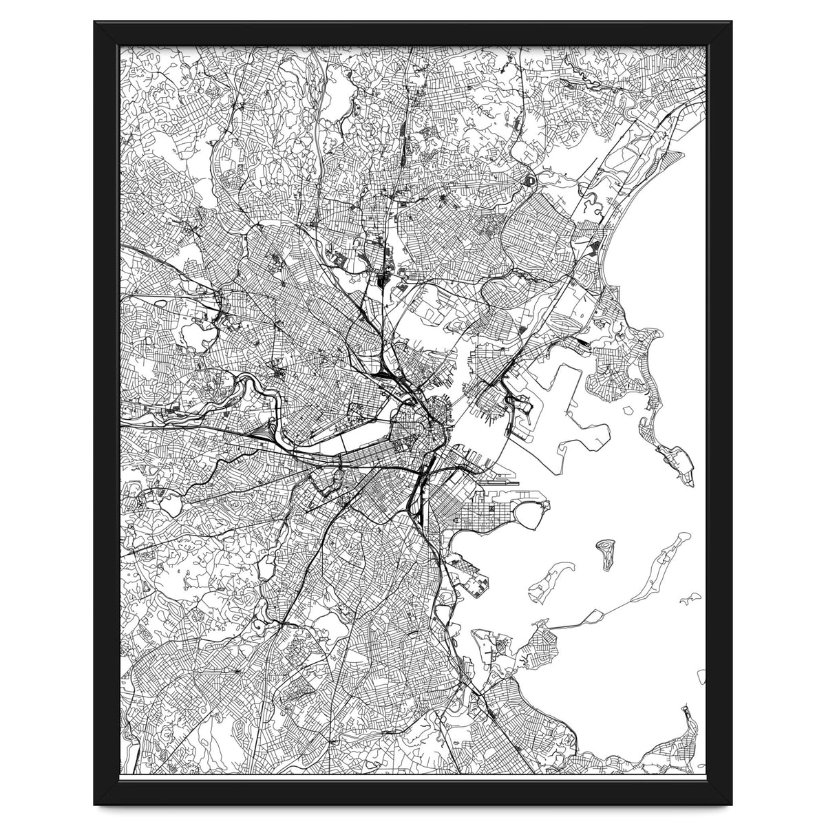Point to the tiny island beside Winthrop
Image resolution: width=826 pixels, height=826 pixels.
pyautogui.click(x=628, y=409)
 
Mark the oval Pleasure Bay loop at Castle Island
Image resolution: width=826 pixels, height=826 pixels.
pyautogui.click(x=533, y=513)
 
